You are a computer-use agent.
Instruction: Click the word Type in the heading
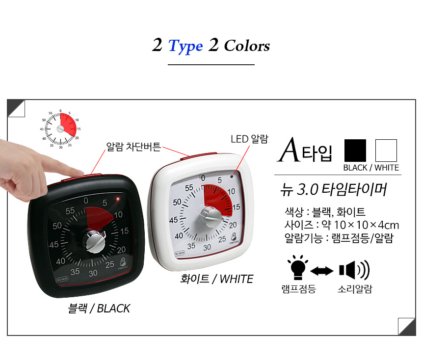pos(185,46)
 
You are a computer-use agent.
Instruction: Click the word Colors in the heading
pos(247,46)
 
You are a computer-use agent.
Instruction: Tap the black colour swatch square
pos(355,151)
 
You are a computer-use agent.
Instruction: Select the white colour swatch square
pos(386,151)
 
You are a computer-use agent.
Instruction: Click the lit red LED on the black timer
pos(118,199)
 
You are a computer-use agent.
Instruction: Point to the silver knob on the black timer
pos(94,241)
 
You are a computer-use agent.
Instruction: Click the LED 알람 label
pos(249,139)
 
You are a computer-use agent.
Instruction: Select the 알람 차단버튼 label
pos(133,147)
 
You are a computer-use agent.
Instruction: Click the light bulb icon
pos(298,267)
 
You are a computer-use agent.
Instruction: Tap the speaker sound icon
pos(354,270)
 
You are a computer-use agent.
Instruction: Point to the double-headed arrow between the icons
pos(322,271)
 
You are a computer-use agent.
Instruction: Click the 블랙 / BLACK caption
pos(99,309)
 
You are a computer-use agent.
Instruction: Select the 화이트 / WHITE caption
pos(217,279)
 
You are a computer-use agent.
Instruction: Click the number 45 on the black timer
pos(54,245)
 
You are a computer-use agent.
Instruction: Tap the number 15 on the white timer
pos(237,207)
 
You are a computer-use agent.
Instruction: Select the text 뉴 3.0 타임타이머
pos(333,189)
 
